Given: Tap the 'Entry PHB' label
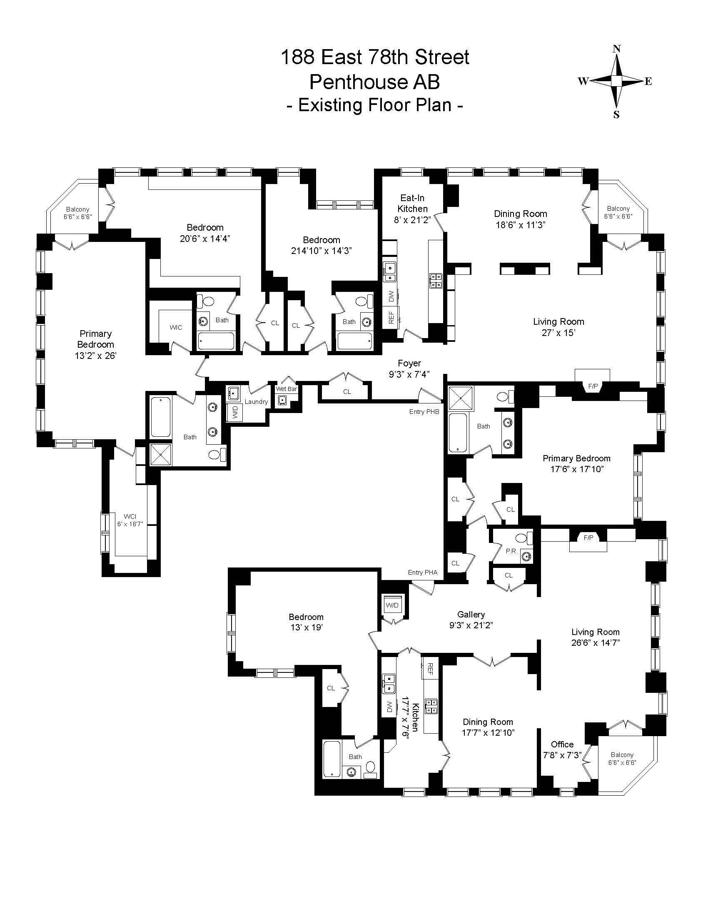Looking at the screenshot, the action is (x=424, y=412).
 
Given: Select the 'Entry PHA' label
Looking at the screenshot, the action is (x=422, y=572).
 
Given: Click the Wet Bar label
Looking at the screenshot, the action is (x=286, y=389).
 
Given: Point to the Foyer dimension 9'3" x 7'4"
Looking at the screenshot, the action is (x=409, y=374).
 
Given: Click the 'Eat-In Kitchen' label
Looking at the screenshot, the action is (x=413, y=203).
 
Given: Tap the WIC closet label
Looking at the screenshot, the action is (x=176, y=328).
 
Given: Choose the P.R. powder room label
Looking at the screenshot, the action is (x=511, y=551).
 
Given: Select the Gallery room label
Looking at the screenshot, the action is (x=471, y=614).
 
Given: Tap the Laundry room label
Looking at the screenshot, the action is (x=256, y=401).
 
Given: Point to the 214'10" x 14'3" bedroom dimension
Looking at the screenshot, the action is (x=321, y=251).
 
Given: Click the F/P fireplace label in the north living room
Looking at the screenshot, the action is (x=593, y=386).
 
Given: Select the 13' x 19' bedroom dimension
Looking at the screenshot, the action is (x=306, y=627).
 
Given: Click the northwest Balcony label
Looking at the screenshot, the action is (x=77, y=209).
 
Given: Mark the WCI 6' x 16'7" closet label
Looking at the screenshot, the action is (x=130, y=516).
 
